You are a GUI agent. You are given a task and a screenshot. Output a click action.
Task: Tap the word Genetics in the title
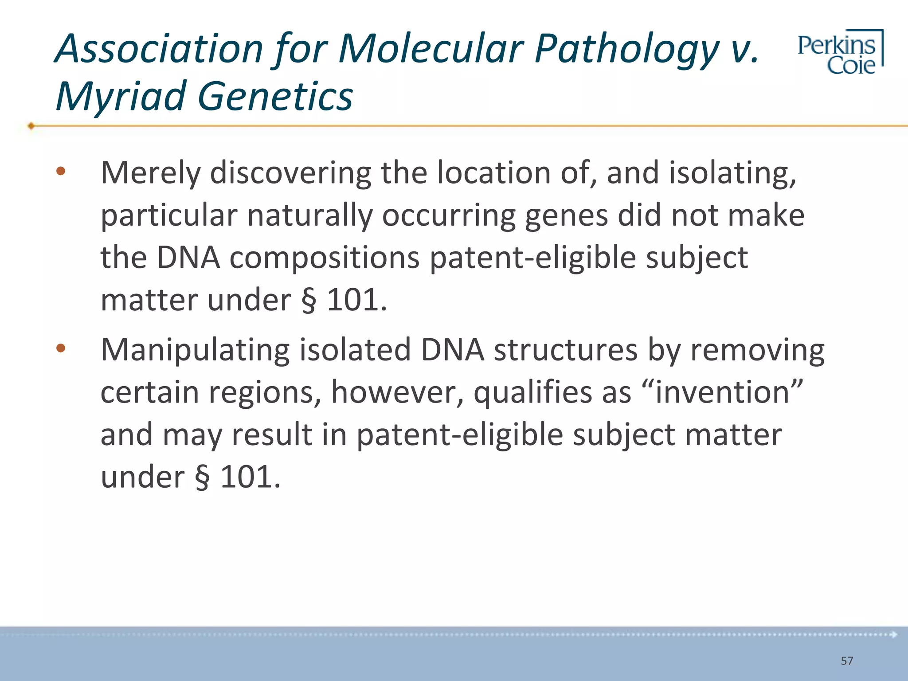click(275, 97)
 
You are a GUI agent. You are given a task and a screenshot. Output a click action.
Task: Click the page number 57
click(846, 661)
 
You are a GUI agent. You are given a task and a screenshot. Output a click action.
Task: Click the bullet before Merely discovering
click(61, 171)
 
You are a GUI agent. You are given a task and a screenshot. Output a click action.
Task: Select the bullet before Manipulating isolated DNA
click(61, 348)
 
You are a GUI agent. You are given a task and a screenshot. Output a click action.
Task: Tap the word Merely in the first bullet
click(150, 173)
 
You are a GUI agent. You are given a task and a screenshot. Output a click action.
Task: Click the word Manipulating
click(195, 351)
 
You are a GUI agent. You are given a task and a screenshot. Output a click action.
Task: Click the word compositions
click(324, 258)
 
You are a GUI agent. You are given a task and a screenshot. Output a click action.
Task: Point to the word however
click(397, 392)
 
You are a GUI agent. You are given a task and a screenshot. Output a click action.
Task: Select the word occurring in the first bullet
click(448, 215)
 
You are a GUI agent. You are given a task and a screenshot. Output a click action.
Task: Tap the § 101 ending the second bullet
click(237, 477)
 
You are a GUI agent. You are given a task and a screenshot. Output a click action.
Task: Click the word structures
click(565, 350)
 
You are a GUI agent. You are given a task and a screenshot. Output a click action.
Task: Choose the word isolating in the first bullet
click(732, 173)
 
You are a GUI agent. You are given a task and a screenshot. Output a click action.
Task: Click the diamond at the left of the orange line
click(31, 126)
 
